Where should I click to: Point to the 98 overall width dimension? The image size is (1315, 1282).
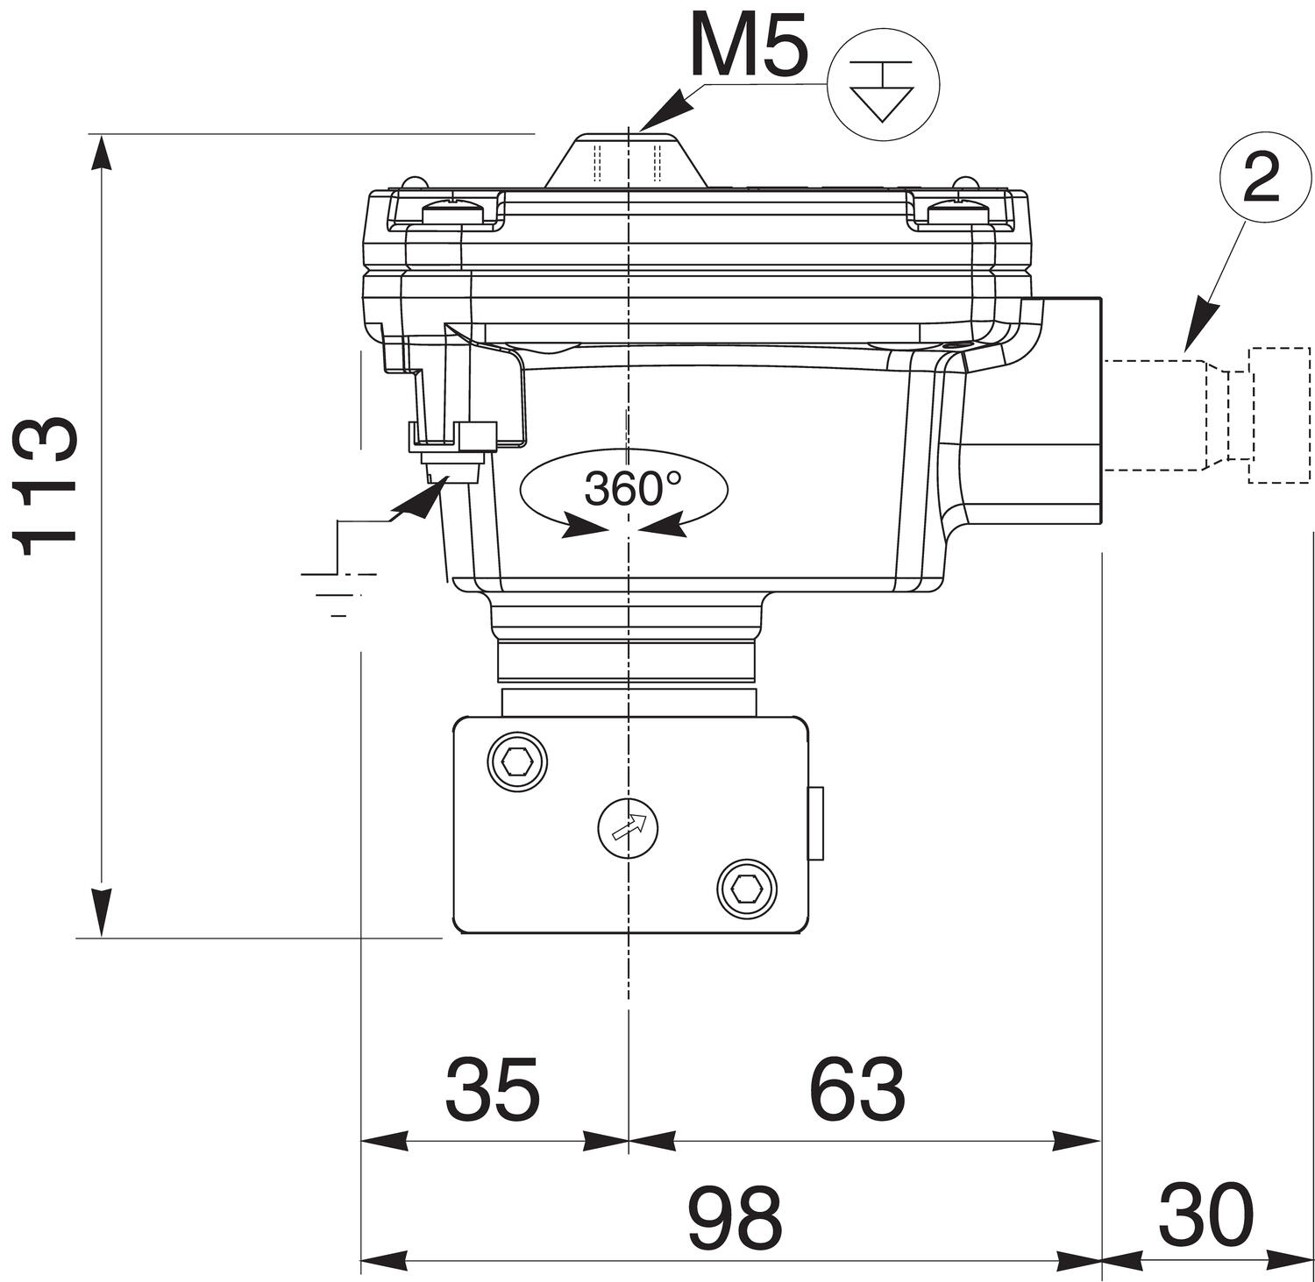coord(735,1217)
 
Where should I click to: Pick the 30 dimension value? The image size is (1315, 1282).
coord(1205,1215)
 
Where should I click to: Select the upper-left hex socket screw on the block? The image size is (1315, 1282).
coord(517,760)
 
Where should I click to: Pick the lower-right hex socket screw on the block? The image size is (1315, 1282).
coord(747,889)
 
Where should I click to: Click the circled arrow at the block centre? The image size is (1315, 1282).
coord(628,827)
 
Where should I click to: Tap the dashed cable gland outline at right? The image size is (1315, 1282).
coord(1210,414)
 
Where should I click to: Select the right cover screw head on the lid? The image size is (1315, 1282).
coord(958,211)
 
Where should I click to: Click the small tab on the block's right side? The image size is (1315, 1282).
coord(815,822)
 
